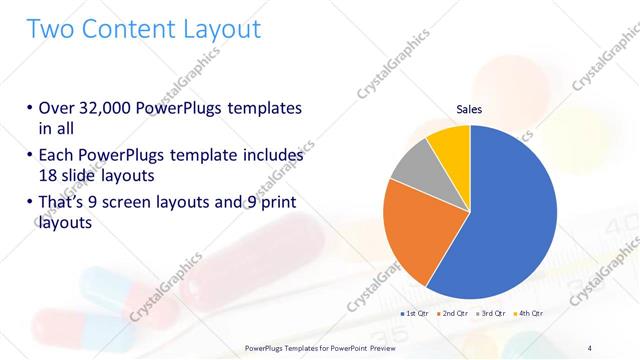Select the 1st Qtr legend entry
point(415,313)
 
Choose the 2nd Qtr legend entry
point(454,313)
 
